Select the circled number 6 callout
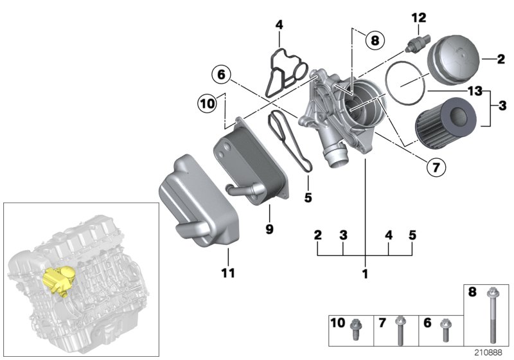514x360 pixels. point(220,75)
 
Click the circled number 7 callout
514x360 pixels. point(436,167)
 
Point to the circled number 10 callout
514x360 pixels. point(207,102)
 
